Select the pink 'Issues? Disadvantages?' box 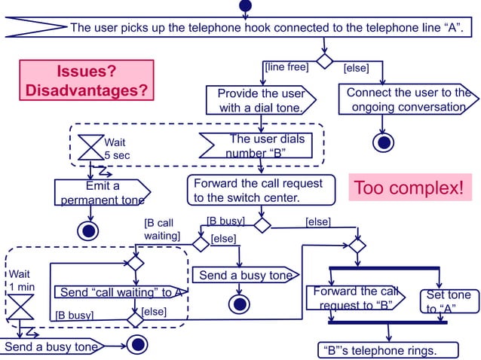tap(86, 81)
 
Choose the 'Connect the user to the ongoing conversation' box tap(407, 100)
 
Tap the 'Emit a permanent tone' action tap(102, 193)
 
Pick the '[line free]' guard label tap(286, 67)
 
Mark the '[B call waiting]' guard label tap(161, 230)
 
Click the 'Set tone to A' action tap(448, 302)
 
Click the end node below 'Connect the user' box tap(384, 142)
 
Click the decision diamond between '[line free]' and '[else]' tap(324, 60)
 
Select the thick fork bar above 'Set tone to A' tap(384, 268)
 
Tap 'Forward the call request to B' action tap(353, 299)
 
